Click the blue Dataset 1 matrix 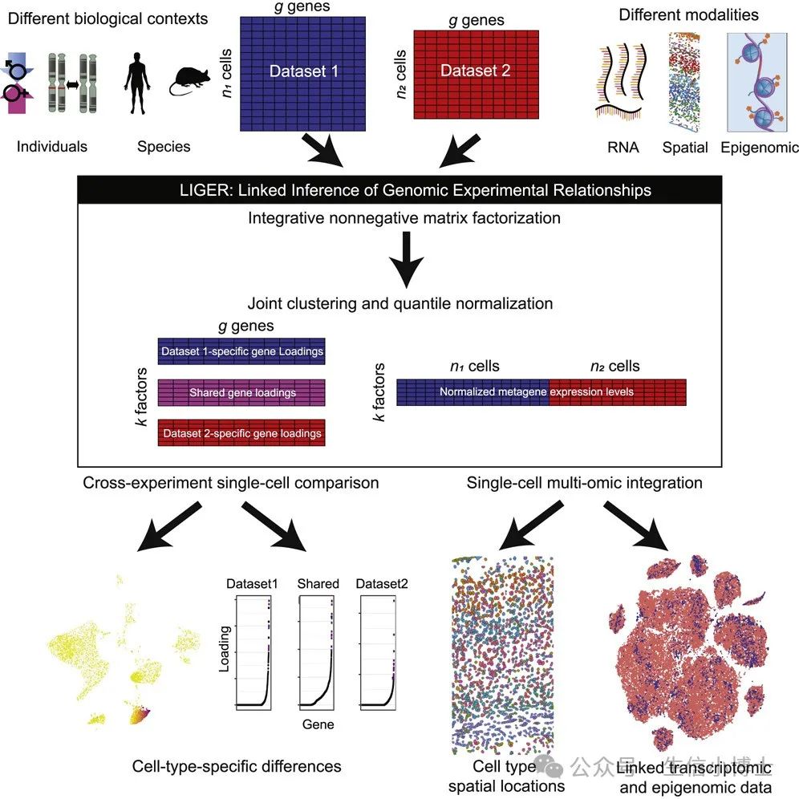tap(303, 72)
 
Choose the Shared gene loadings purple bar tap(241, 393)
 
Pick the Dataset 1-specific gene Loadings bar tap(241, 351)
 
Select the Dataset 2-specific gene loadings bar tap(241, 433)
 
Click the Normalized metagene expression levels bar tap(541, 392)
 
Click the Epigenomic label tap(760, 147)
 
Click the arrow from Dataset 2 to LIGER tap(460, 150)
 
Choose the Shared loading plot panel tap(319, 654)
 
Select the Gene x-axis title tap(318, 725)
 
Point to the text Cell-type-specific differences tap(237, 766)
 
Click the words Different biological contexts tap(105, 18)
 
